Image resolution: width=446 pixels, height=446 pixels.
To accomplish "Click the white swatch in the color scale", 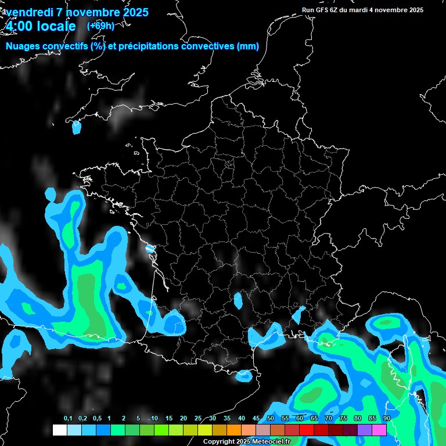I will pos(59,430).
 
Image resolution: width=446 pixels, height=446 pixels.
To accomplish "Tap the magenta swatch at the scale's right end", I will pos(379,430).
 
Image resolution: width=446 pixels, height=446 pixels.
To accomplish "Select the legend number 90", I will pos(387,419).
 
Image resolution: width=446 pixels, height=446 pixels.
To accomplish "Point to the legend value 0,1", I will pos(68,419).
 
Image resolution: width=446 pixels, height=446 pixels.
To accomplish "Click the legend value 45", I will pos(256,419).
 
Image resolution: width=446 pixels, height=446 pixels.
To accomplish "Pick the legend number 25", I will pos(198,419).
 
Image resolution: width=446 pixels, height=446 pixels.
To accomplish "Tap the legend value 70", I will pos(329,419).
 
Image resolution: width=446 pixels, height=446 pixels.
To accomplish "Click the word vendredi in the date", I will pos(30,12).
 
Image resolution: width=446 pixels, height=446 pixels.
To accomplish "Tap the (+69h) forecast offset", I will pos(100,26).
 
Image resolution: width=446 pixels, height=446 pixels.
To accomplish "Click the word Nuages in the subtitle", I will pos(23,47).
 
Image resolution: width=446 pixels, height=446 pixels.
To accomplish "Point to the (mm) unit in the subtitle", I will pos(248,47).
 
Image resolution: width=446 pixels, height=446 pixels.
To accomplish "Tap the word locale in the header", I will pos(56,26).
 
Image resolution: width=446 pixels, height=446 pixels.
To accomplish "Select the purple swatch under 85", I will pos(365,430).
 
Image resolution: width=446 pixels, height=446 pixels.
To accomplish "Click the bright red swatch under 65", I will pos(307,430).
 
